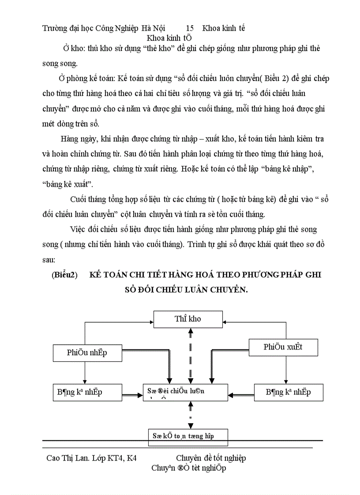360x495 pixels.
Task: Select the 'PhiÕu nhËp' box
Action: coord(87,353)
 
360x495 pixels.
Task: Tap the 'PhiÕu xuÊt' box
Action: coord(283,347)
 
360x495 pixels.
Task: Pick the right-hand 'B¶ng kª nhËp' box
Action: coord(289,392)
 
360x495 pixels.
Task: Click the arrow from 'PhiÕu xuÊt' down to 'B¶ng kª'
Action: coord(285,369)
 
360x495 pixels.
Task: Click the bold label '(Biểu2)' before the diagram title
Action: coord(64,275)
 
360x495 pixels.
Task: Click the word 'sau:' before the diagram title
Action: coord(49,260)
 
